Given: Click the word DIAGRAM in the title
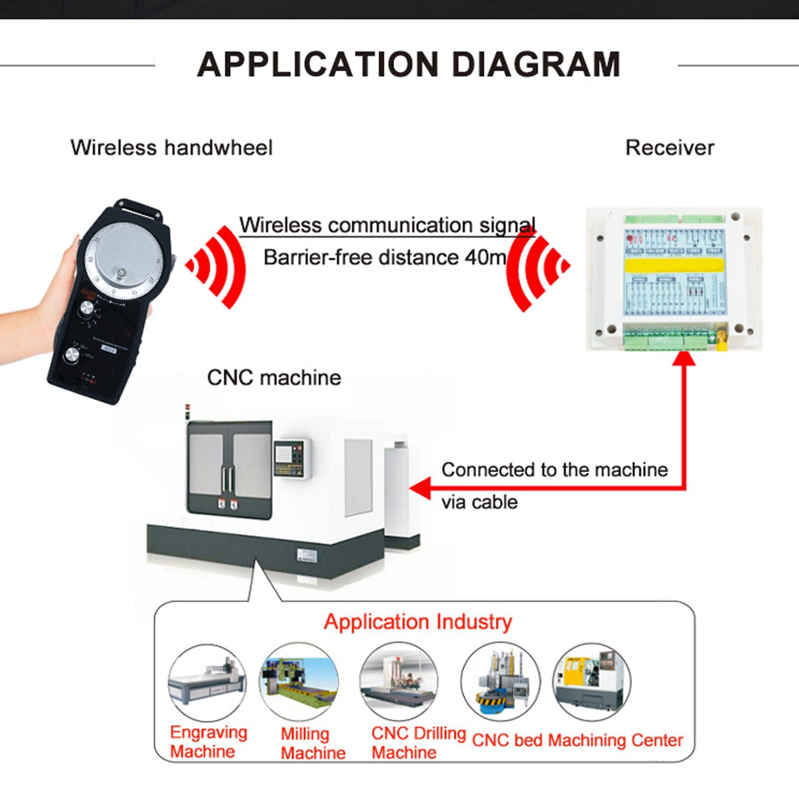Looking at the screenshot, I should pyautogui.click(x=535, y=65).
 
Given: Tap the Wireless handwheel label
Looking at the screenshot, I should pyautogui.click(x=171, y=148).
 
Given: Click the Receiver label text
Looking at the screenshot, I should pyautogui.click(x=669, y=148).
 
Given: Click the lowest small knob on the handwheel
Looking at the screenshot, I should pyautogui.click(x=72, y=356).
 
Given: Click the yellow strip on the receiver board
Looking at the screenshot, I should pyautogui.click(x=674, y=265).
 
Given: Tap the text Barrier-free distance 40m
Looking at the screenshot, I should pyautogui.click(x=384, y=258).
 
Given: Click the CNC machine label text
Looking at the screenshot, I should pyautogui.click(x=273, y=378).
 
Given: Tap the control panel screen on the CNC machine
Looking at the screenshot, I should pyautogui.click(x=283, y=454).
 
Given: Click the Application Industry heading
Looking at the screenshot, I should pyautogui.click(x=418, y=622).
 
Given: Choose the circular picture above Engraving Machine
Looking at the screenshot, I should pyautogui.click(x=207, y=682).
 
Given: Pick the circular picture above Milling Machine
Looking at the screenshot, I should pyautogui.click(x=298, y=682).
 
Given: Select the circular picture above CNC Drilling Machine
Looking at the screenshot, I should pyautogui.click(x=399, y=682).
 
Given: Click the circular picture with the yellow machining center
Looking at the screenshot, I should pyautogui.click(x=591, y=682).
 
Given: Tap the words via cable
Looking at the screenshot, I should pyautogui.click(x=479, y=502).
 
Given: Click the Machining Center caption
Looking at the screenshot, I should pyautogui.click(x=615, y=740).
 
